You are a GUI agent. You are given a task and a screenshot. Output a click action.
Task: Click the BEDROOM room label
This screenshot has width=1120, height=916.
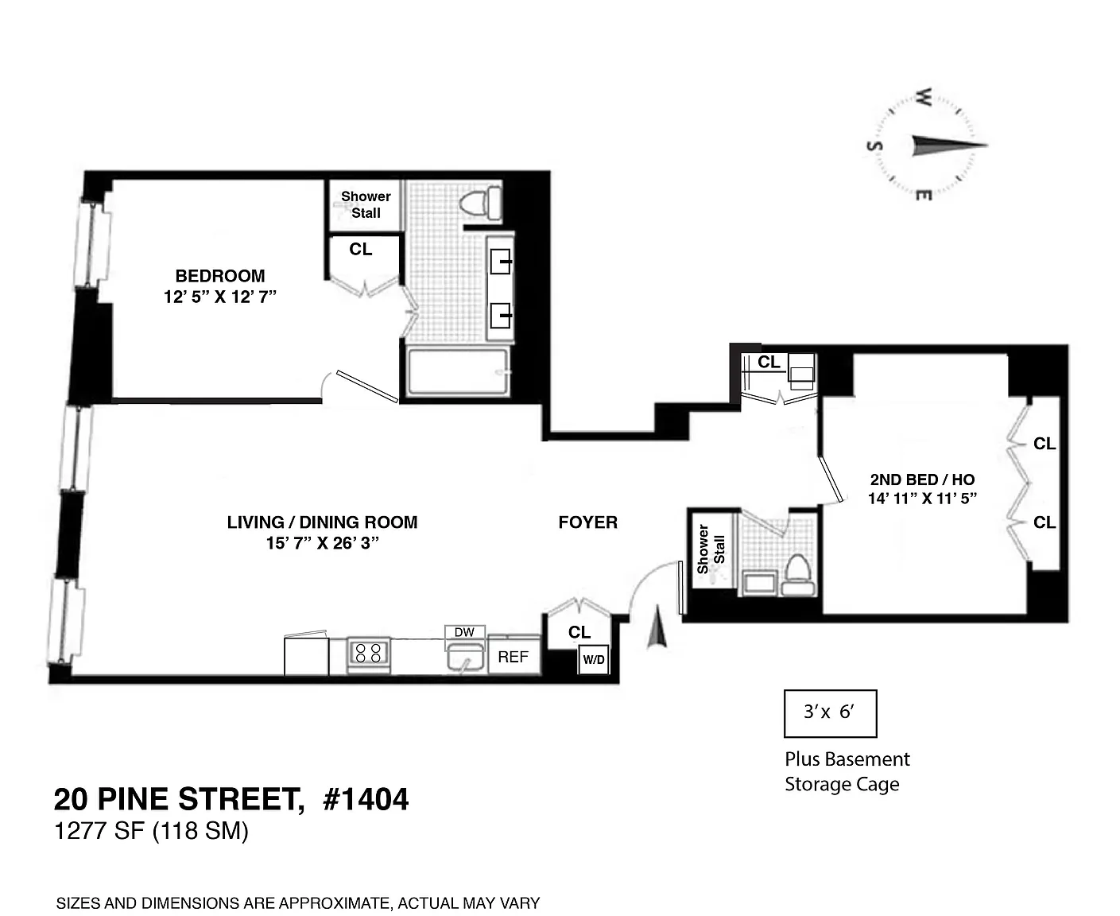click(220, 276)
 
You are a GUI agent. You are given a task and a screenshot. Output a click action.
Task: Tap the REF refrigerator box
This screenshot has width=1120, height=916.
click(513, 656)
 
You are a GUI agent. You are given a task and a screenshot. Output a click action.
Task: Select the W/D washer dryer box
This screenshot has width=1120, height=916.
click(593, 659)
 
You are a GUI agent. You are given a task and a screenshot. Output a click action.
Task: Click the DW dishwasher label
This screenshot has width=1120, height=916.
click(464, 632)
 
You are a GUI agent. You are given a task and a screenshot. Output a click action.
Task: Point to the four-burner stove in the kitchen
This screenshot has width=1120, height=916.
click(368, 654)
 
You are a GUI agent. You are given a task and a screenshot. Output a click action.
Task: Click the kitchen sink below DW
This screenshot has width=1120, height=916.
click(465, 658)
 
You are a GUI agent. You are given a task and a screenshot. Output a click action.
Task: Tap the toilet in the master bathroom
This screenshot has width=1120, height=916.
click(480, 203)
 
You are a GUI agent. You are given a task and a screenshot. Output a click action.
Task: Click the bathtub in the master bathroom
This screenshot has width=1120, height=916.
click(458, 371)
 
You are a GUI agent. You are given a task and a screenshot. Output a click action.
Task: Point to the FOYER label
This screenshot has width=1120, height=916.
click(588, 522)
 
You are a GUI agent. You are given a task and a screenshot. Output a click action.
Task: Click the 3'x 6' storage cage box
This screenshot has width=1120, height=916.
click(830, 713)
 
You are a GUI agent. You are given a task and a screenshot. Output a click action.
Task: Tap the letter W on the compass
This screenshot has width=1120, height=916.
click(924, 97)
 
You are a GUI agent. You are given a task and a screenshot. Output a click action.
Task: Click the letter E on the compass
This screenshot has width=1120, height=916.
click(924, 196)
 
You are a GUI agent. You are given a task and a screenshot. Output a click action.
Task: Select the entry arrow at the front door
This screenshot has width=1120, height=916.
click(657, 627)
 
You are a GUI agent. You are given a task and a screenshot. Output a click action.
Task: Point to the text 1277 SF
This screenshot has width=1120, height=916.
click(99, 830)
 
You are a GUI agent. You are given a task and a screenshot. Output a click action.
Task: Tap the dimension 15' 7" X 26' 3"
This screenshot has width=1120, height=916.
click(323, 543)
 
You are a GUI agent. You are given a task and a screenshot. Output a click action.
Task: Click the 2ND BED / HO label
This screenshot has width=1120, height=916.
click(922, 479)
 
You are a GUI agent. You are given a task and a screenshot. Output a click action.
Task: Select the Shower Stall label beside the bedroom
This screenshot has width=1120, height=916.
click(366, 204)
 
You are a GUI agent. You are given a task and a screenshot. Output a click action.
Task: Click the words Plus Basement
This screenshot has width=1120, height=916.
click(847, 759)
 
